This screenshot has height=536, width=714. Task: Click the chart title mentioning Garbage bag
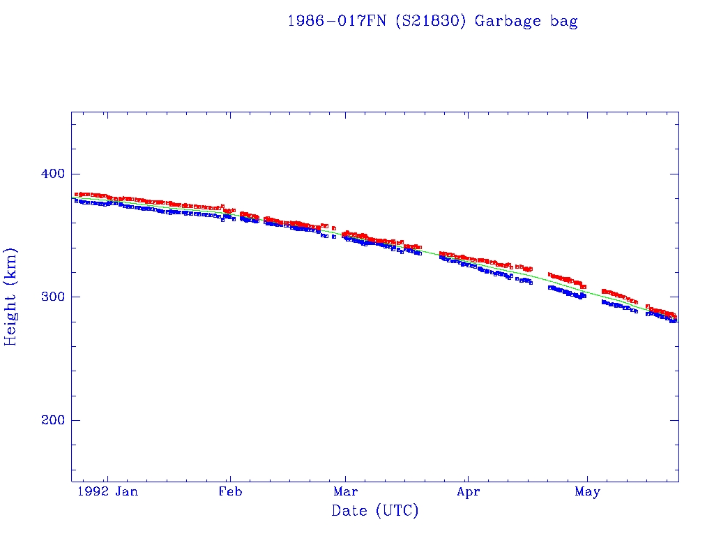(x=432, y=21)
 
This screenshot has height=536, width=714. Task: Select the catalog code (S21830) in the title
(x=432, y=21)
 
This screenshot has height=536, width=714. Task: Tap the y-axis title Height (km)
(x=11, y=297)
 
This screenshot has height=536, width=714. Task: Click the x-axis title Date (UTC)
(x=375, y=511)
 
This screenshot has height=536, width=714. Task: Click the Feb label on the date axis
(x=230, y=492)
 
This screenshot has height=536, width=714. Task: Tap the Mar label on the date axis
(x=346, y=492)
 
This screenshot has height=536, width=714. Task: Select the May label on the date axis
(x=587, y=492)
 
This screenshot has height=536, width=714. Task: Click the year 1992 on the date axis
(x=93, y=492)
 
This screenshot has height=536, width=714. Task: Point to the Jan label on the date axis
(x=126, y=492)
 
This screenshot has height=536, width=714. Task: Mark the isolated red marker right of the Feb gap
(x=334, y=228)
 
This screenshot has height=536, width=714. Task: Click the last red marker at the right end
(x=675, y=317)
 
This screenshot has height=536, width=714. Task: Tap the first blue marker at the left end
(x=75, y=200)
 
